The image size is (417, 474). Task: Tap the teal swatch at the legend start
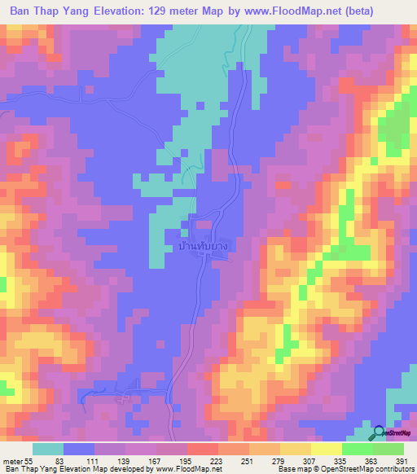tap(48, 449)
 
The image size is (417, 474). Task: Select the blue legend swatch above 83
tap(79, 449)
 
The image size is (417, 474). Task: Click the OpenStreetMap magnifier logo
tap(380, 434)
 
